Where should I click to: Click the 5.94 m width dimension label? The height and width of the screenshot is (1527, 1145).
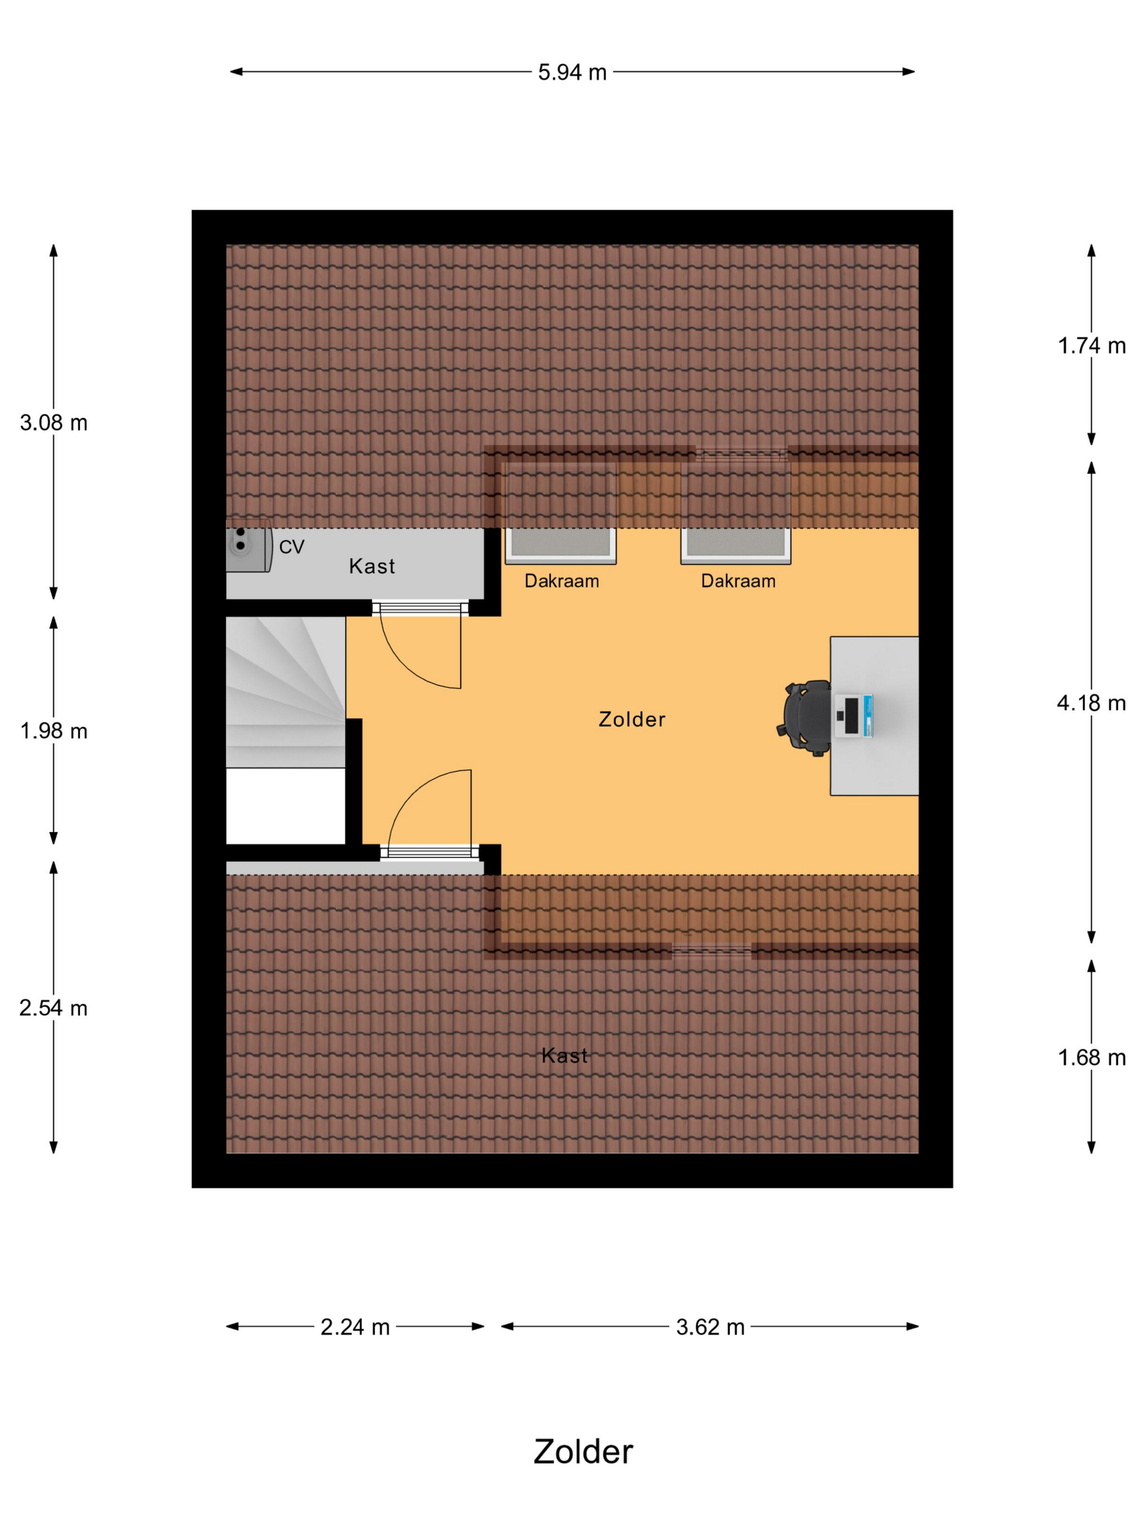click(x=571, y=72)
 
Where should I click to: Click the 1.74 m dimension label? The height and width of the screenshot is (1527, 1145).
click(x=1091, y=346)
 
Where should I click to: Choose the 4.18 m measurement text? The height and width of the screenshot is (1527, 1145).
click(x=1091, y=703)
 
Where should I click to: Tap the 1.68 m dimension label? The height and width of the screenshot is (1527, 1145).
click(x=1091, y=1057)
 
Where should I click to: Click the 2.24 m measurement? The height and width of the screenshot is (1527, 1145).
click(x=355, y=1327)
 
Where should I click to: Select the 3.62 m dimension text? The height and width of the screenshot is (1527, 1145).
click(x=710, y=1327)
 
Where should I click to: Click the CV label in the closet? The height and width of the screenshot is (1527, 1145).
click(x=291, y=547)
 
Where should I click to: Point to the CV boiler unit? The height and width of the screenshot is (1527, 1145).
click(x=248, y=546)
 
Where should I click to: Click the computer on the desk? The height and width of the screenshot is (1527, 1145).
click(x=854, y=716)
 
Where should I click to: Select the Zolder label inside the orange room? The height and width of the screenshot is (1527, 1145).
click(x=631, y=719)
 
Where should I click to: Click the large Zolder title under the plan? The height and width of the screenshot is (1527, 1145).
click(x=583, y=1452)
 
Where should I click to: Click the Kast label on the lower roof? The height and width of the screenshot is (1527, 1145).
click(x=564, y=1055)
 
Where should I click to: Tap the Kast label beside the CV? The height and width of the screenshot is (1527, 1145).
click(x=372, y=566)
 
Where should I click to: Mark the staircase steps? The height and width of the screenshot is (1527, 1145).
click(x=286, y=692)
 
